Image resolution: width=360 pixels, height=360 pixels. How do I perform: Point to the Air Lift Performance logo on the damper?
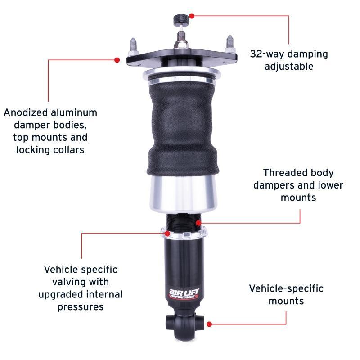click(182, 292)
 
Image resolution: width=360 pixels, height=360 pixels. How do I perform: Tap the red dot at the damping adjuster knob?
click(192, 16)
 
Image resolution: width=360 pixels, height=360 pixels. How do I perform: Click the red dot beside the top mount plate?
click(117, 59)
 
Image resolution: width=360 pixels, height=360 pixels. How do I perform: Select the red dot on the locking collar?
click(168, 233)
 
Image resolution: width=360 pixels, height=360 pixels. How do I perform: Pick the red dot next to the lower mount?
click(209, 323)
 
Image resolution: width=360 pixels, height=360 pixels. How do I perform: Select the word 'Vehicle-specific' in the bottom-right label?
click(286, 288)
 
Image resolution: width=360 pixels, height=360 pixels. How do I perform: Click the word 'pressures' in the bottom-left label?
click(81, 307)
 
